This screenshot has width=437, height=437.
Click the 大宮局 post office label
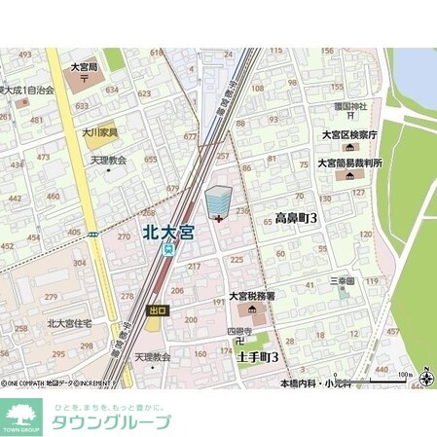(x=86, y=67)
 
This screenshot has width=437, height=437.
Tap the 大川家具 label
(x=99, y=132)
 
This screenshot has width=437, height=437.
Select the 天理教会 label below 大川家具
(x=109, y=159)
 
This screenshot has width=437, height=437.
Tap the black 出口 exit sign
(x=157, y=310)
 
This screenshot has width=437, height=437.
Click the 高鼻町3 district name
(x=297, y=218)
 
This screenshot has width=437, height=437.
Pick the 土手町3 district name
(x=256, y=357)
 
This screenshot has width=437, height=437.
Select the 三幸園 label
(x=341, y=280)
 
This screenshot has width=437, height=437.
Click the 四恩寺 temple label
(x=240, y=332)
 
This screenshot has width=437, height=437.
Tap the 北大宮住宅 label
(x=68, y=322)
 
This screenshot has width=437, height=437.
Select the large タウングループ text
(x=110, y=422)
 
